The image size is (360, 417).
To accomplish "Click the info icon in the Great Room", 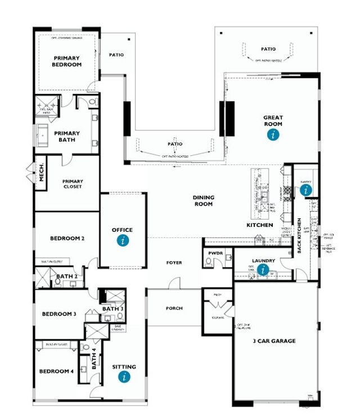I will click(x=273, y=134).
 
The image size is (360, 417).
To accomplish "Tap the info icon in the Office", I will click(x=123, y=240).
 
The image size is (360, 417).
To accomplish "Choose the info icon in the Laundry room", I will click(x=263, y=270).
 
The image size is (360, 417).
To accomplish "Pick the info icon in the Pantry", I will click(x=306, y=190).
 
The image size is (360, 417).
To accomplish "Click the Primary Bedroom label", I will click(x=67, y=61).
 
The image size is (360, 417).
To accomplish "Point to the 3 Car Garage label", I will click(x=274, y=341).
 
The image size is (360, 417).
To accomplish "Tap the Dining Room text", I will click(x=203, y=201).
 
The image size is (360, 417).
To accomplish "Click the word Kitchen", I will click(x=259, y=225).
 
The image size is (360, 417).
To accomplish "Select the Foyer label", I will click(x=174, y=263).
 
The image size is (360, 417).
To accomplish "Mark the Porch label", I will click(x=174, y=308).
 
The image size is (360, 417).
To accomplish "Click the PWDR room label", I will click(x=215, y=254).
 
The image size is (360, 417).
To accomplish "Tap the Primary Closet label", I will click(x=73, y=184).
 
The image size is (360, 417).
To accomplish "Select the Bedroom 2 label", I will click(x=67, y=238).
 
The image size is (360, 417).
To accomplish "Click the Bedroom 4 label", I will click(x=56, y=371).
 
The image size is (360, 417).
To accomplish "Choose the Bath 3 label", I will click(x=112, y=308).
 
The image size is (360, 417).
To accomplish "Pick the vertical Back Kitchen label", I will click(x=299, y=235).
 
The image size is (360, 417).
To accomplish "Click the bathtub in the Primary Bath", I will click(x=44, y=136).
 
